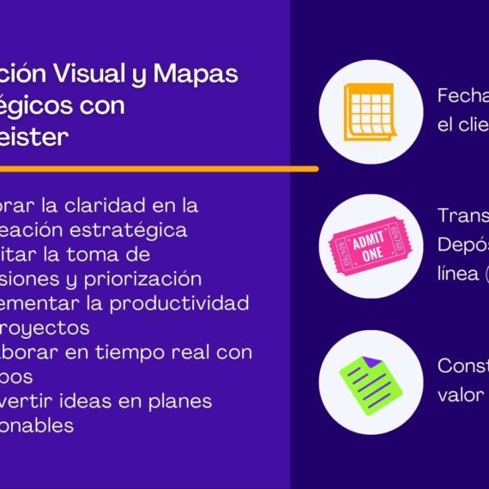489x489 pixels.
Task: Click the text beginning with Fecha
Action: pyautogui.click(x=462, y=95)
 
